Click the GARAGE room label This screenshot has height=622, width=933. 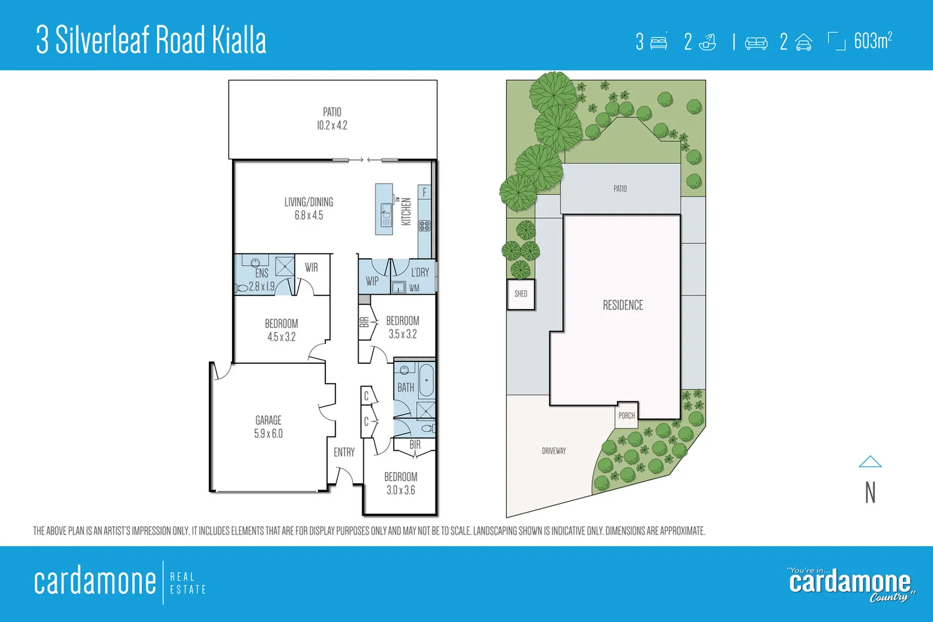coord(268,427)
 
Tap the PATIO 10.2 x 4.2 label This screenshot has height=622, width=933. coord(332,118)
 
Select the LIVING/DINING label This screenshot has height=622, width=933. coord(309,208)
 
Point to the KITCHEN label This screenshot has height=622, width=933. coord(406,211)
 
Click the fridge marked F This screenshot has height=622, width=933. coord(425,192)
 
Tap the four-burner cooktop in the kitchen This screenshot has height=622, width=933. coord(425,226)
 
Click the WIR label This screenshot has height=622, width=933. coord(312,267)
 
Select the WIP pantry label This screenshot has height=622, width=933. coord(372,281)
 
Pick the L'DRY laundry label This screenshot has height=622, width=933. coord(420,272)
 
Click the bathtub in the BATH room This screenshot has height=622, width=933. coord(427,381)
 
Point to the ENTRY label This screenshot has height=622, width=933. coord(344,452)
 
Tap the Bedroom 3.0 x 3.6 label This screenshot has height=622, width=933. coord(401,483)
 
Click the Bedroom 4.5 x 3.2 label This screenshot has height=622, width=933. coord(281,330)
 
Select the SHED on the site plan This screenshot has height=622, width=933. coord(521,294)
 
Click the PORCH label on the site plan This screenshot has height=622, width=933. coord(626,415)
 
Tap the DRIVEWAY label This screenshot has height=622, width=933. coord(554,451)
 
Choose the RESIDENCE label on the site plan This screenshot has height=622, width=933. coord(623,305)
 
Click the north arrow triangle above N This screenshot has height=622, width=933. coord(870,462)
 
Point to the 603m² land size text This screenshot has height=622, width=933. coord(873,41)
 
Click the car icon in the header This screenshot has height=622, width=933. coord(804,42)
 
